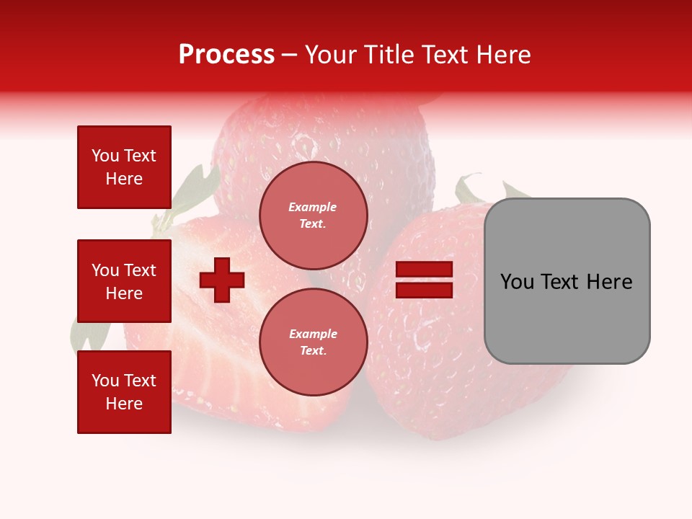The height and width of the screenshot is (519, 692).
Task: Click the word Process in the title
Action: pyautogui.click(x=226, y=55)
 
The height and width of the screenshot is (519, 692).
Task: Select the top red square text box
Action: pyautogui.click(x=124, y=167)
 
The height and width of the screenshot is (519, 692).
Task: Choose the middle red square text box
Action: pyautogui.click(x=124, y=281)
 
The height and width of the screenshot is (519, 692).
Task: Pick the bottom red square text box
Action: pyautogui.click(x=124, y=391)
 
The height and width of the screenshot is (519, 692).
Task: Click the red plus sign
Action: pyautogui.click(x=222, y=280)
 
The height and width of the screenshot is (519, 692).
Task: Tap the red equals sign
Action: pyautogui.click(x=424, y=280)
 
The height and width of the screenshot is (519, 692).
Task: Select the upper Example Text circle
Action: pyautogui.click(x=313, y=215)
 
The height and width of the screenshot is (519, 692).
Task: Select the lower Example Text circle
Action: pyautogui.click(x=313, y=342)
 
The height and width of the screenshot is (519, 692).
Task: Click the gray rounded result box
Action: pyautogui.click(x=567, y=280)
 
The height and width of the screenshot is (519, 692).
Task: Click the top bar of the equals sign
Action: pyautogui.click(x=424, y=270)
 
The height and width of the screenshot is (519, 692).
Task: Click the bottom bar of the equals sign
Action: pyautogui.click(x=424, y=290)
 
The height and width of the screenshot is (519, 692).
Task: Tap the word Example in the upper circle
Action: pyautogui.click(x=313, y=207)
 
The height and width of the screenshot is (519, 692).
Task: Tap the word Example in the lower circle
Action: pyautogui.click(x=313, y=334)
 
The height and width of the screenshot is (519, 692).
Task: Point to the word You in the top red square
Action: pyautogui.click(x=105, y=156)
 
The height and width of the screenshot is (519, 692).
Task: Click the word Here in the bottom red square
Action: pyautogui.click(x=124, y=404)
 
